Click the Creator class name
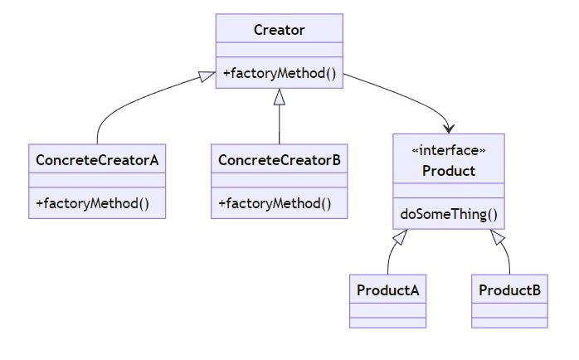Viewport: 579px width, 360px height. pos(279,31)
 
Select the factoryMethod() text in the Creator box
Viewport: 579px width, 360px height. pos(279,74)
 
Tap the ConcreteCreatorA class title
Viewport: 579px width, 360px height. pos(97,159)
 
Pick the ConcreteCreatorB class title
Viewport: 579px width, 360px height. pos(279,159)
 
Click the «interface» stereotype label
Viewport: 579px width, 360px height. pos(449,150)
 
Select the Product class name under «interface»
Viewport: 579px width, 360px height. pos(449,171)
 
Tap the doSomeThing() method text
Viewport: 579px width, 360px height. pos(449,215)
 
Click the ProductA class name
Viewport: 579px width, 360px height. pos(387,290)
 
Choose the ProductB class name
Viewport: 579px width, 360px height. pos(510,290)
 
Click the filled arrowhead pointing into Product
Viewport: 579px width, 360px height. pos(449,128)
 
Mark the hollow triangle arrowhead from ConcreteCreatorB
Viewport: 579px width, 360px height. pos(279,96)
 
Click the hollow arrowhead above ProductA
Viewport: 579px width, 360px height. pos(399,238)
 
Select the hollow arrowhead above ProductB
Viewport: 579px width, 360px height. pos(499,238)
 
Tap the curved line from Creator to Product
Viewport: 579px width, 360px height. pos(406,93)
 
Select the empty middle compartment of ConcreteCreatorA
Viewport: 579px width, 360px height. pos(97,180)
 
